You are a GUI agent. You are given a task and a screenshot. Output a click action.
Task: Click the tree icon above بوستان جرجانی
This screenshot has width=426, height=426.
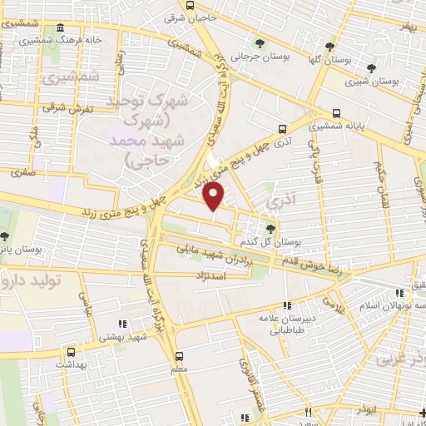[261, 42]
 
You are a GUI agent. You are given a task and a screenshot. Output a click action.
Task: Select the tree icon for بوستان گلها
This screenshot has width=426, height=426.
[330, 46]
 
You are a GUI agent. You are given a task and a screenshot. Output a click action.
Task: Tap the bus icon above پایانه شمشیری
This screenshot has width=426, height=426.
[336, 113]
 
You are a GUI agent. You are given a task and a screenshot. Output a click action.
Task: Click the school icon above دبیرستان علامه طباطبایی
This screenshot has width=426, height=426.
[288, 305]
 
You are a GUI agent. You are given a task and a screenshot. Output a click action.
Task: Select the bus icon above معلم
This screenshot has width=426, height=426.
[180, 354]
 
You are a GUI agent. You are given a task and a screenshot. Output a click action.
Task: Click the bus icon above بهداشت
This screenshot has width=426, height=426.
[70, 352]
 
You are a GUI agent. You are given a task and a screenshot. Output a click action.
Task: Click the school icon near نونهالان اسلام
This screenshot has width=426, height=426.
[400, 292]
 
